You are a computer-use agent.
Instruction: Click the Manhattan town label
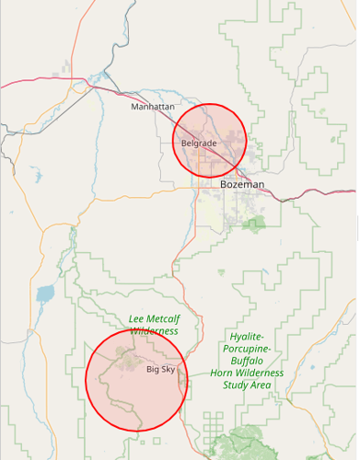(152, 107)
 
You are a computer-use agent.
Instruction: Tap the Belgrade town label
(199, 144)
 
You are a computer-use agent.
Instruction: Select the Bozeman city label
(242, 185)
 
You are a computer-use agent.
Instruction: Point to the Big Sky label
(160, 369)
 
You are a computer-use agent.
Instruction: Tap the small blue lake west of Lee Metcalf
(44, 295)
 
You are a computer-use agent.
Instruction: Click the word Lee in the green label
(138, 319)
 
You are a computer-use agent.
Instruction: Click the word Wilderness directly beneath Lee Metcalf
(154, 331)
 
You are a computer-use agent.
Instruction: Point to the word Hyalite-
(247, 338)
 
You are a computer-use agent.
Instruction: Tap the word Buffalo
(247, 362)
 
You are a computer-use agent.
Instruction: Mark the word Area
(260, 385)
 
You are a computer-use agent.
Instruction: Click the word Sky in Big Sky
(168, 369)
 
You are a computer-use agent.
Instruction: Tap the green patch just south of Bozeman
(254, 224)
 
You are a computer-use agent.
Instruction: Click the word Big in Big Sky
(152, 369)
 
